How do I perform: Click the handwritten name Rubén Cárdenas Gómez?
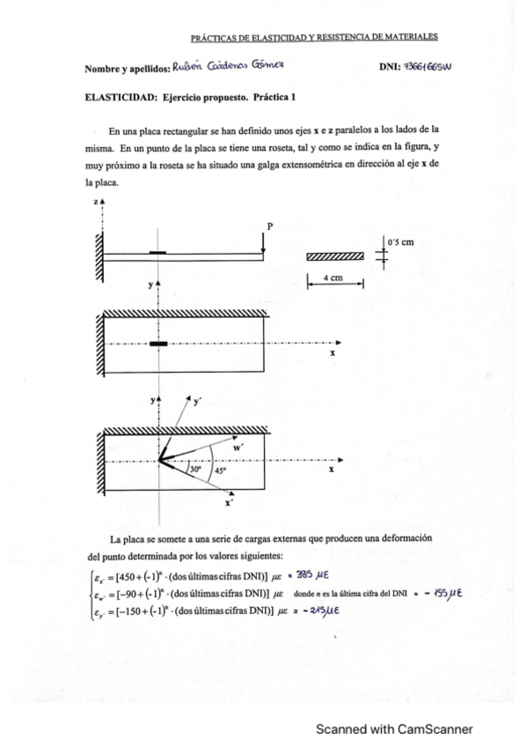tap(228, 67)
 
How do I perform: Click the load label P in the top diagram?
tap(271, 226)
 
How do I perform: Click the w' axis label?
tap(238, 447)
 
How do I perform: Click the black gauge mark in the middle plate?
tap(157, 344)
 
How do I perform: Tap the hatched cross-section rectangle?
tap(335, 256)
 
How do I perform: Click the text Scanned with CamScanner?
tap(395, 729)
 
